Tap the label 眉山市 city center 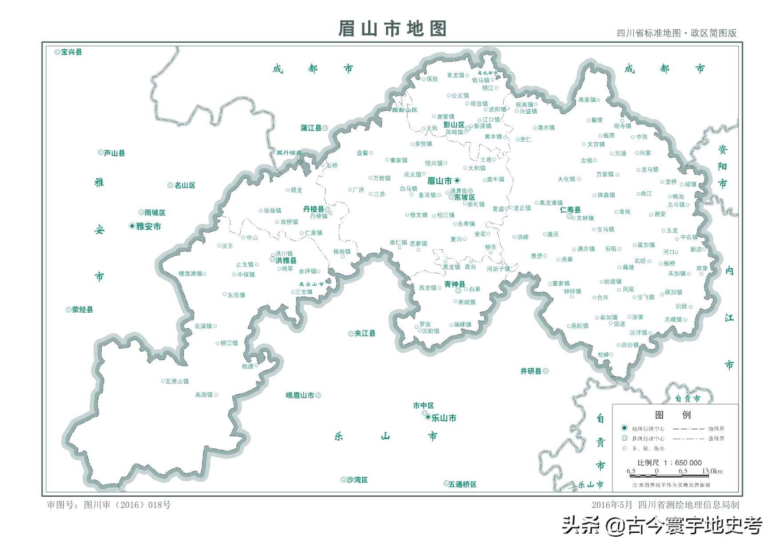[440, 181]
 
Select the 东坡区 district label [465, 197]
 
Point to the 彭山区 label [453, 125]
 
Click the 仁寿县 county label [570, 210]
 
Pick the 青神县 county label [454, 284]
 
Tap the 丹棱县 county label [314, 209]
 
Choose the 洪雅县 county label [286, 261]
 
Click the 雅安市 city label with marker [148, 227]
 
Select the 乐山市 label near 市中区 [443, 418]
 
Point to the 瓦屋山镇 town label [177, 381]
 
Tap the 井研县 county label [531, 371]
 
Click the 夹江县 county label [365, 333]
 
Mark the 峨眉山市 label [300, 395]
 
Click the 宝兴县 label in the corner [71, 52]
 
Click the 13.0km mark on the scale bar [712, 471]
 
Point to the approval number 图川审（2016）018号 [127, 505]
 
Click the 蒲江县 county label [311, 128]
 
